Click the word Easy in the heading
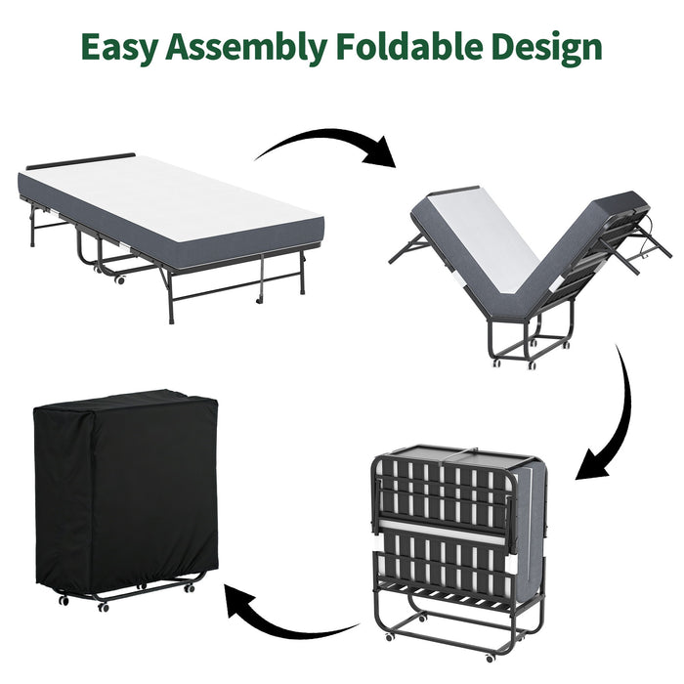click(x=121, y=46)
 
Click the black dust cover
click(x=122, y=489)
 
